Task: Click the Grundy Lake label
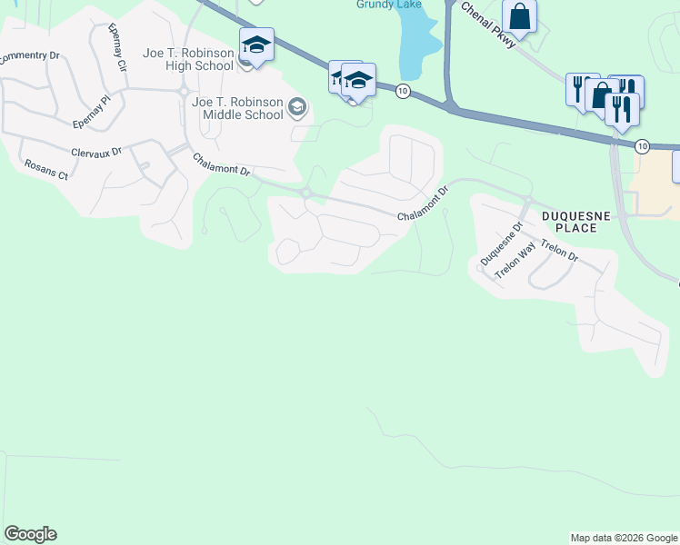(x=385, y=5)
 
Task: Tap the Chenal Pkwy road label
(x=489, y=25)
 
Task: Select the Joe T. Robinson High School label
(x=188, y=59)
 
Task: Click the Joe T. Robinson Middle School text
(x=237, y=108)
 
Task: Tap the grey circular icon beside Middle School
(x=295, y=109)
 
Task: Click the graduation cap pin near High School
(x=256, y=45)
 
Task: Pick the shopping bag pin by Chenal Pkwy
(x=519, y=15)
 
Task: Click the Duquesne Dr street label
(x=501, y=245)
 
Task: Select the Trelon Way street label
(x=515, y=262)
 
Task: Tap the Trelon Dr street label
(x=558, y=249)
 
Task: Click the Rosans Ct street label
(x=45, y=168)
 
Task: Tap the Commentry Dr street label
(x=29, y=56)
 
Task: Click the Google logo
(x=30, y=534)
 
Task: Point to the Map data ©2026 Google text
(x=623, y=538)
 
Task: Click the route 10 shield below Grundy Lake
(x=403, y=91)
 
